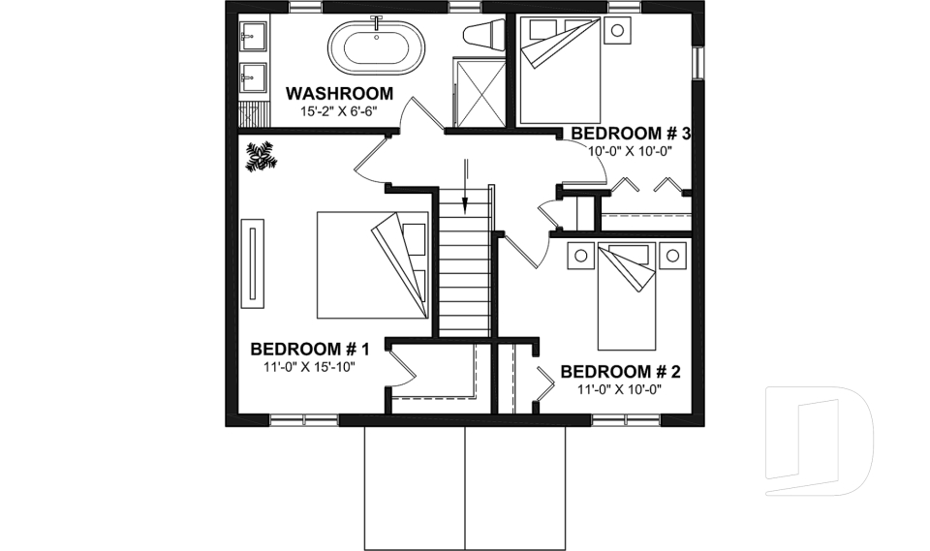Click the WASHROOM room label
coord(339,94)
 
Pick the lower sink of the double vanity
coord(253,74)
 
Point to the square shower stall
coord(479,92)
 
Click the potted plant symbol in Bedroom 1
coord(261,156)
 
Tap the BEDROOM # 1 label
coord(310,350)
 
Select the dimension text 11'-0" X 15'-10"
coord(309,368)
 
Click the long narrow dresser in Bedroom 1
coord(254,263)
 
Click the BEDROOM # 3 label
coord(630,134)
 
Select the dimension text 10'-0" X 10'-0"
coord(630,151)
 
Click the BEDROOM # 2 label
coord(620,372)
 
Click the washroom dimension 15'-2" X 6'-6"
coord(338,111)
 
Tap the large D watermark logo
coord(819,442)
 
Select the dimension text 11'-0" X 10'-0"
coord(620,389)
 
